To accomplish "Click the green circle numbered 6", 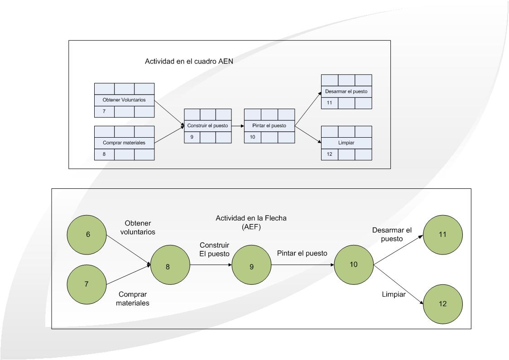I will click(87, 234).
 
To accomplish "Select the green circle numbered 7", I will click(86, 284).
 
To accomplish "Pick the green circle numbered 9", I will click(251, 266).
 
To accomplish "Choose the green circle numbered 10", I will click(354, 264).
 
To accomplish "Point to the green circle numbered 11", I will click(442, 235).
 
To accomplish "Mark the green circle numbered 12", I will click(442, 304).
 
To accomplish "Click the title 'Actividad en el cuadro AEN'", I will click(189, 61).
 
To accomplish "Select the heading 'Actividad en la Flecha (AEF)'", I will click(251, 222).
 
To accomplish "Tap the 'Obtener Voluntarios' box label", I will click(124, 100).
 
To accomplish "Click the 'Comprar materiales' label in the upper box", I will click(124, 143).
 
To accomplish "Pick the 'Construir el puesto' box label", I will click(207, 125).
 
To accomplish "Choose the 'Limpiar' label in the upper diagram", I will click(346, 143).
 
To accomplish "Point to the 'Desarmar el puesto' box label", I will click(346, 91).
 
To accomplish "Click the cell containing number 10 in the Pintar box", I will click(252, 137).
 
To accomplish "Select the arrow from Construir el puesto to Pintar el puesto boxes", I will click(237, 125).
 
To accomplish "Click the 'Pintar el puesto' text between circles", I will click(302, 254).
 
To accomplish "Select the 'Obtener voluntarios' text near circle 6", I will click(140, 228).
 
